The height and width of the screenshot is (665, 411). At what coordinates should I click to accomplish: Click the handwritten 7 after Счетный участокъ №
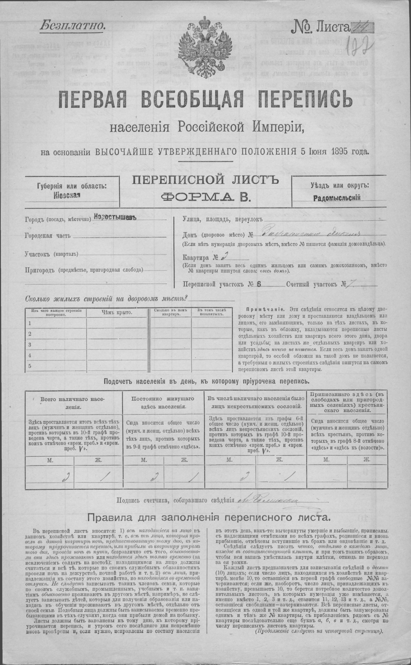point(351,284)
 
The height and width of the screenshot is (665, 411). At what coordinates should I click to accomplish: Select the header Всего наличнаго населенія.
point(73,403)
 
